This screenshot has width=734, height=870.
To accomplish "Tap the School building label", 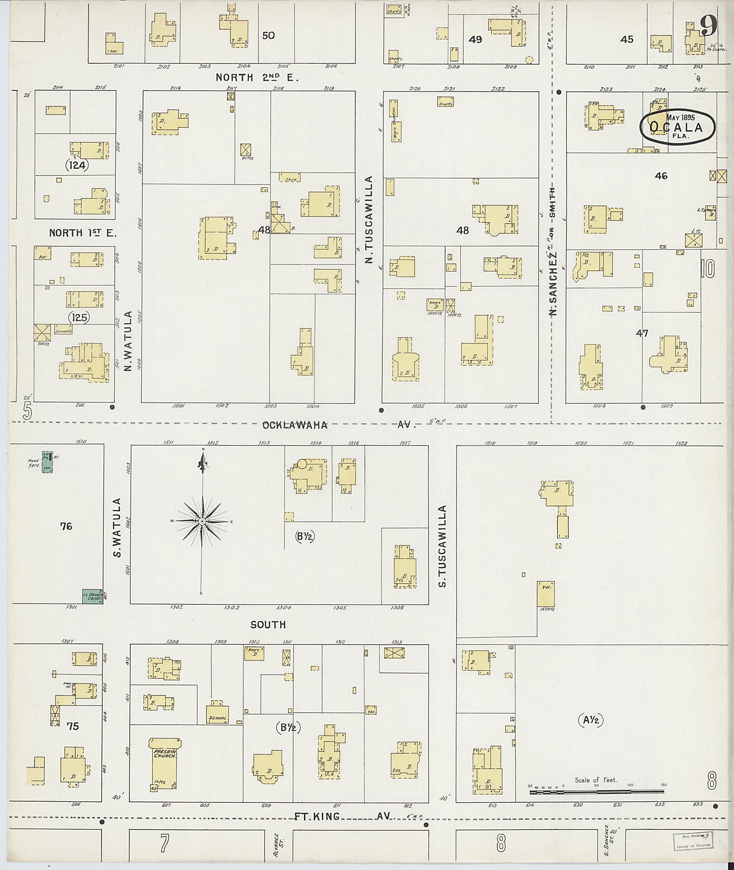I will coord(218,718).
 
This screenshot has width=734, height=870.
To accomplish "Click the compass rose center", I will coord(202,521).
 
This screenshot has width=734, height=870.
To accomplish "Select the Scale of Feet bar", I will coord(597,792).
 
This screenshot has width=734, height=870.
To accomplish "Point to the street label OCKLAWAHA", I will coord(295,425).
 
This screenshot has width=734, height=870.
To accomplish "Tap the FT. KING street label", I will coord(317,817).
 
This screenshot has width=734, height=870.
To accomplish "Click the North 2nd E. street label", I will coord(257,77).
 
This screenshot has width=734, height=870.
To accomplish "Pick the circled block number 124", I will coord(77,165).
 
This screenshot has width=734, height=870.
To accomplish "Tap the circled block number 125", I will coord(80,317).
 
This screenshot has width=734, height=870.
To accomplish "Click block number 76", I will coord(66,527).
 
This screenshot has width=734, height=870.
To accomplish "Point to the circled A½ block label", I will coord(590,720).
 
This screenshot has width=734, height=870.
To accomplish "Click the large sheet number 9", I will coord(708,26).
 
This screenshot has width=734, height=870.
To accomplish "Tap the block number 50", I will coord(268,36).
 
